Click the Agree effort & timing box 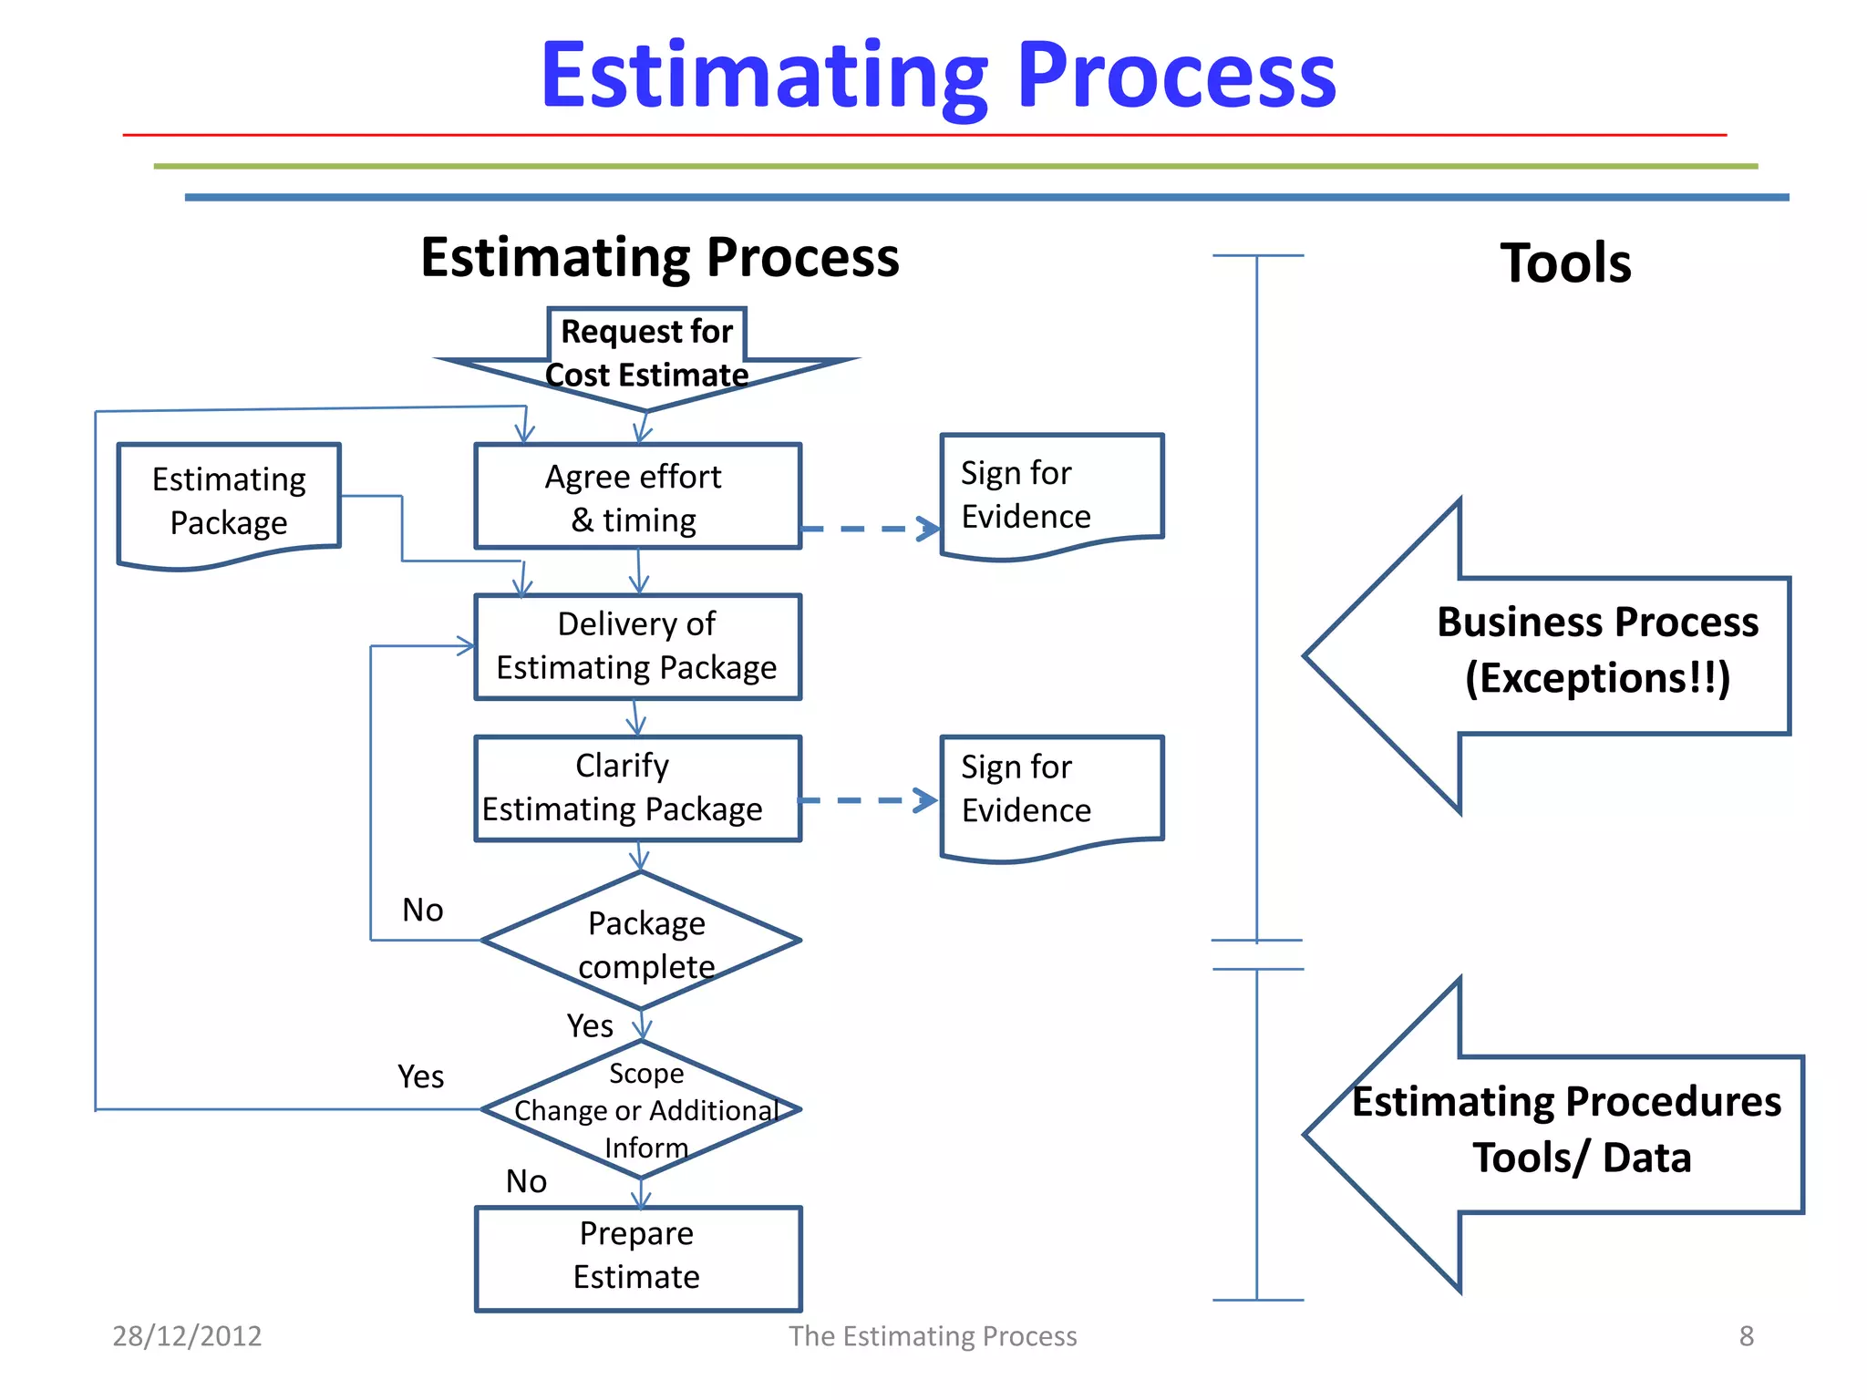click(637, 497)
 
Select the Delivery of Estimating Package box click(637, 646)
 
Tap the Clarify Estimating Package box click(637, 787)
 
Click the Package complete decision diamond click(642, 941)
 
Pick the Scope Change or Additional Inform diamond click(642, 1109)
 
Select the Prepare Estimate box click(637, 1258)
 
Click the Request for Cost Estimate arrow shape click(646, 355)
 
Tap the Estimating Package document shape click(229, 502)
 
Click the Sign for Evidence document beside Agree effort click(1051, 495)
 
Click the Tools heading click(1565, 263)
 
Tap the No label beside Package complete click(422, 910)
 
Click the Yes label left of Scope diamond click(420, 1076)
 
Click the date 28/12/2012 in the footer click(187, 1335)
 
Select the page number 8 click(1746, 1335)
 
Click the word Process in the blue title click(1176, 77)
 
